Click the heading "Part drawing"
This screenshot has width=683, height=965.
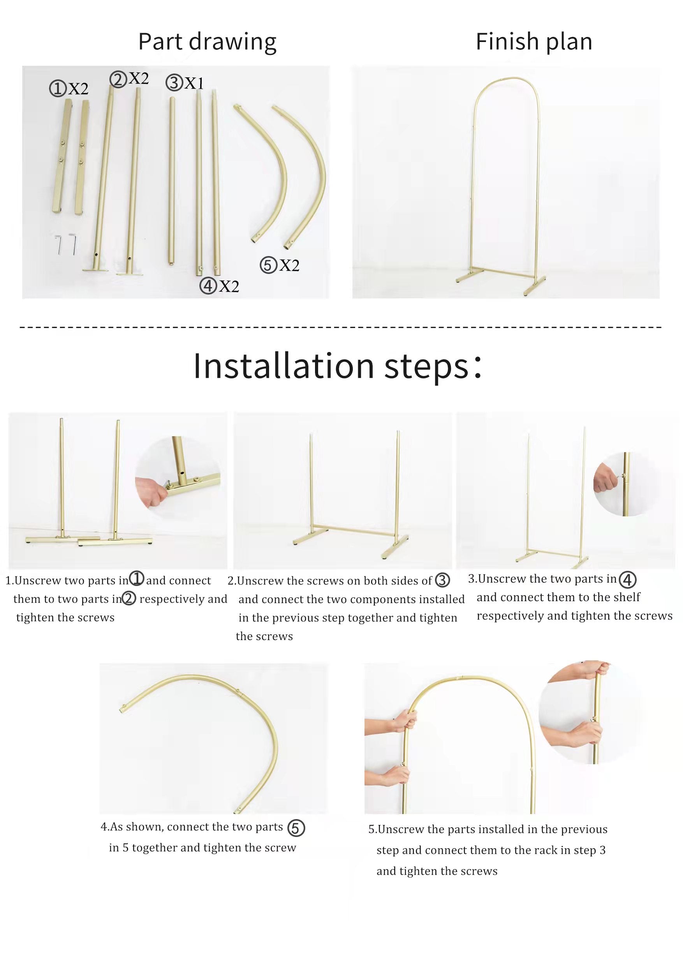tap(207, 42)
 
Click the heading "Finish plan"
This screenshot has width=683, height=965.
tap(534, 42)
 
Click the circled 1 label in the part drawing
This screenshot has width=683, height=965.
tap(58, 89)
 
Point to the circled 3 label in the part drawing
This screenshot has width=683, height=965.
tap(174, 82)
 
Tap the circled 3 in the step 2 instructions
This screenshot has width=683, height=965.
tap(442, 581)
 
